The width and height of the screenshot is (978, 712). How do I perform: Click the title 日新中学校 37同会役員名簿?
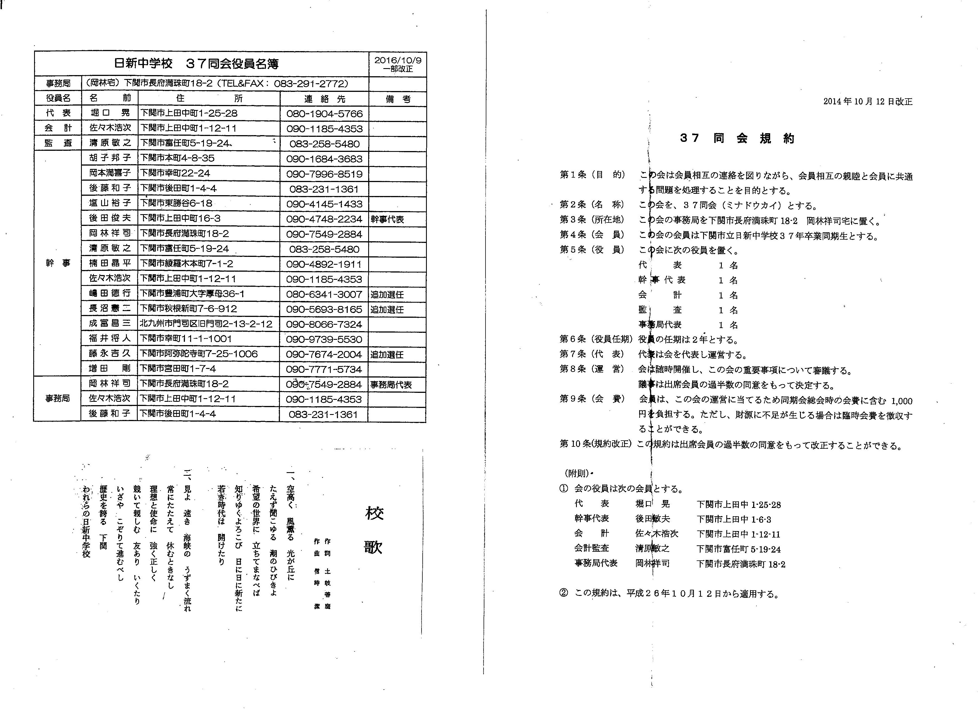point(196,64)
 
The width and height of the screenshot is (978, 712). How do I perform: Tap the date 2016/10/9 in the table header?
point(398,60)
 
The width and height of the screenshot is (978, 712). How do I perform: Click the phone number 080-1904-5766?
point(324,114)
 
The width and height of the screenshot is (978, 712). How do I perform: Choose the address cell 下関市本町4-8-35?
point(177,158)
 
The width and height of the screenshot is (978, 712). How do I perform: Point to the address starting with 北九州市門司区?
point(206,324)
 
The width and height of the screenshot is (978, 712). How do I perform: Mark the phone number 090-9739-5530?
point(324,339)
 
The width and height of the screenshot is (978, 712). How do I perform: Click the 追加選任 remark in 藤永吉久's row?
point(387,355)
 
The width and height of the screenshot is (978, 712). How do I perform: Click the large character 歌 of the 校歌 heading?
point(373,547)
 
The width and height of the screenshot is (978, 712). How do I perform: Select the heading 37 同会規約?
point(737,138)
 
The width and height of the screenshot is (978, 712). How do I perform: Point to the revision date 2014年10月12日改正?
point(868,102)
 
